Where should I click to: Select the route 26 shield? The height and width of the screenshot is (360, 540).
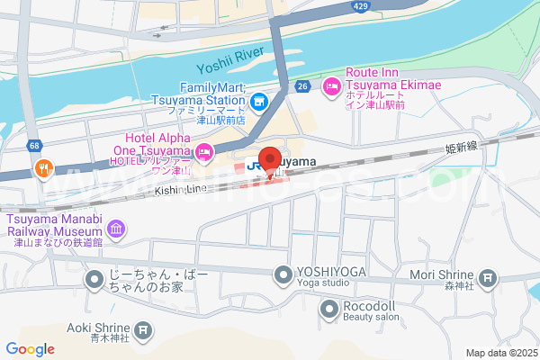[304, 86]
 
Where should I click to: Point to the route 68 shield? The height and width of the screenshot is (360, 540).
[34, 145]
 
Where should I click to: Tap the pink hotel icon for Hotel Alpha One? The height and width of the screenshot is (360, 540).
[204, 151]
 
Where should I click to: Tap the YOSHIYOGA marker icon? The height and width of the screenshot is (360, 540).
[283, 274]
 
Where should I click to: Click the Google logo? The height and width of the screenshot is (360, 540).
[30, 349]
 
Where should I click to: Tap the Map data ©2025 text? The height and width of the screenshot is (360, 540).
[500, 353]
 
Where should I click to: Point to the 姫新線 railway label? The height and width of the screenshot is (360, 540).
[461, 147]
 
